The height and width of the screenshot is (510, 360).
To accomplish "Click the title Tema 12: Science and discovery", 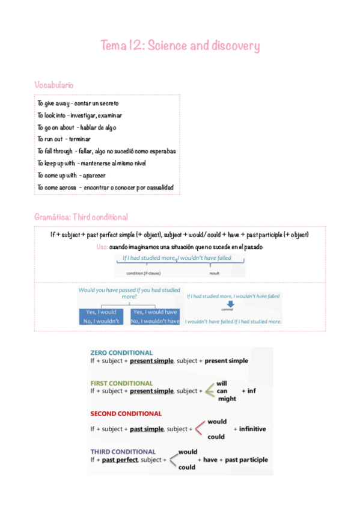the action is point(180,46).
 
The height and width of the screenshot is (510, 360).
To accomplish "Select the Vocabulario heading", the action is point(54,85).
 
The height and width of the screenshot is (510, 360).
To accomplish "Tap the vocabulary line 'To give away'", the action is point(78,103).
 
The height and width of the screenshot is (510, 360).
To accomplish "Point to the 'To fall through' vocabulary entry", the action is point(106,151).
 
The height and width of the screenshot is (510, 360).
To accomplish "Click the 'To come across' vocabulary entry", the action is point(105,188).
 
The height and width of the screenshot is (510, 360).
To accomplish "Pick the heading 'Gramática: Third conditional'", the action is point(81,217).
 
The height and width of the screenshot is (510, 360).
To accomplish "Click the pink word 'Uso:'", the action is point(102,247).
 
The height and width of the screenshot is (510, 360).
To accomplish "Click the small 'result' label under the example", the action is point(215,273).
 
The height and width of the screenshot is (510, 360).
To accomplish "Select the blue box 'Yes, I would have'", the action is point(155,312).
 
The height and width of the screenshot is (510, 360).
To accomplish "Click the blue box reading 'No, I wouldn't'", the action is point(102,321).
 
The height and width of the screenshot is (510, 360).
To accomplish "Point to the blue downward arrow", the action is point(227,304).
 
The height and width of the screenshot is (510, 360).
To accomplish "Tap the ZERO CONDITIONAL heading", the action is point(121,352).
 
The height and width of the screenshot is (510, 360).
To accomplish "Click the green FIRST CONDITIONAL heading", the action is point(121,382).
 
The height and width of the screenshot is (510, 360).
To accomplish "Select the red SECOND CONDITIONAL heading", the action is point(126,414).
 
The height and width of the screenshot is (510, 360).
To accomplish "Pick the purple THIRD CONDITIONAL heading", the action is point(123,451).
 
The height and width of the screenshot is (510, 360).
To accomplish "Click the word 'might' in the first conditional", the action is point(227,399).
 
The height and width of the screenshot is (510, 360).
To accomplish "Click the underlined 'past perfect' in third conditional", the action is point(120,460).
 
